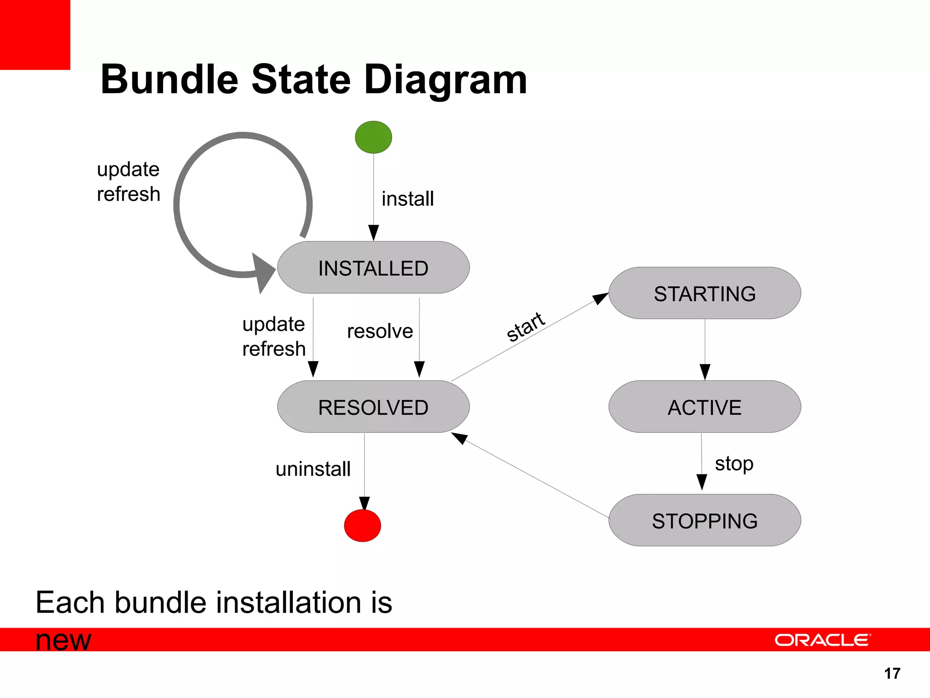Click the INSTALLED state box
373,268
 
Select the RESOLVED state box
373,407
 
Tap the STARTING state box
704,293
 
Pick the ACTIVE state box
704,407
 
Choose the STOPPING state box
704,520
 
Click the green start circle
373,137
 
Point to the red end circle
362,526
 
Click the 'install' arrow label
407,199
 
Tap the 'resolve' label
380,331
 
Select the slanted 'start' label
526,326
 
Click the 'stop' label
734,464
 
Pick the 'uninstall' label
313,469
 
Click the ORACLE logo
822,640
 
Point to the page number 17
892,673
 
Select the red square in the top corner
35,35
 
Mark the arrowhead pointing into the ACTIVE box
705,372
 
